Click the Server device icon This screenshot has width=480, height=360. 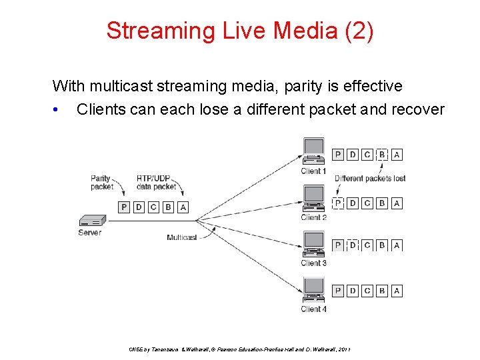92,221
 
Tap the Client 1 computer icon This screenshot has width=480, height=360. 313,151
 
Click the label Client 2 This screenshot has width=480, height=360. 313,217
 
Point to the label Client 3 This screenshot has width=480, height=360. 313,263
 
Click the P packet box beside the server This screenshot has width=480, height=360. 124,207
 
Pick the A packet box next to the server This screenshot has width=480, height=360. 183,207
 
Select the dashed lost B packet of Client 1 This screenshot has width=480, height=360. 382,155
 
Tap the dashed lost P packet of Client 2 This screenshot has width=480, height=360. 338,203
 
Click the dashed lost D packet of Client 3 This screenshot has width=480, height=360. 353,245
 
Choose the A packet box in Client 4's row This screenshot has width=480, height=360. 397,291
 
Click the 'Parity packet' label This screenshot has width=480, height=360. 101,183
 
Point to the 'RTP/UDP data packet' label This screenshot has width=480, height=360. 156,183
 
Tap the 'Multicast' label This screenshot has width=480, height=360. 181,237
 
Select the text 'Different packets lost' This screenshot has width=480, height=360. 370,179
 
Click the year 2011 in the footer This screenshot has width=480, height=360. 345,349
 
